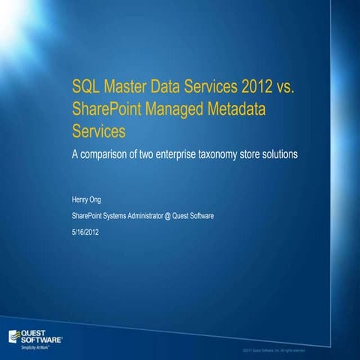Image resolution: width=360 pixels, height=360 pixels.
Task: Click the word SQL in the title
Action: click(x=86, y=90)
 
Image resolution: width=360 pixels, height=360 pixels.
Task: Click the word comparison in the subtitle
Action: click(x=103, y=154)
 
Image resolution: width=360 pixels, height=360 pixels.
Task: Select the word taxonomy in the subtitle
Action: click(x=217, y=154)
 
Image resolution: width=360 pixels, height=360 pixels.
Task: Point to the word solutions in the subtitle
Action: click(x=280, y=154)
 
